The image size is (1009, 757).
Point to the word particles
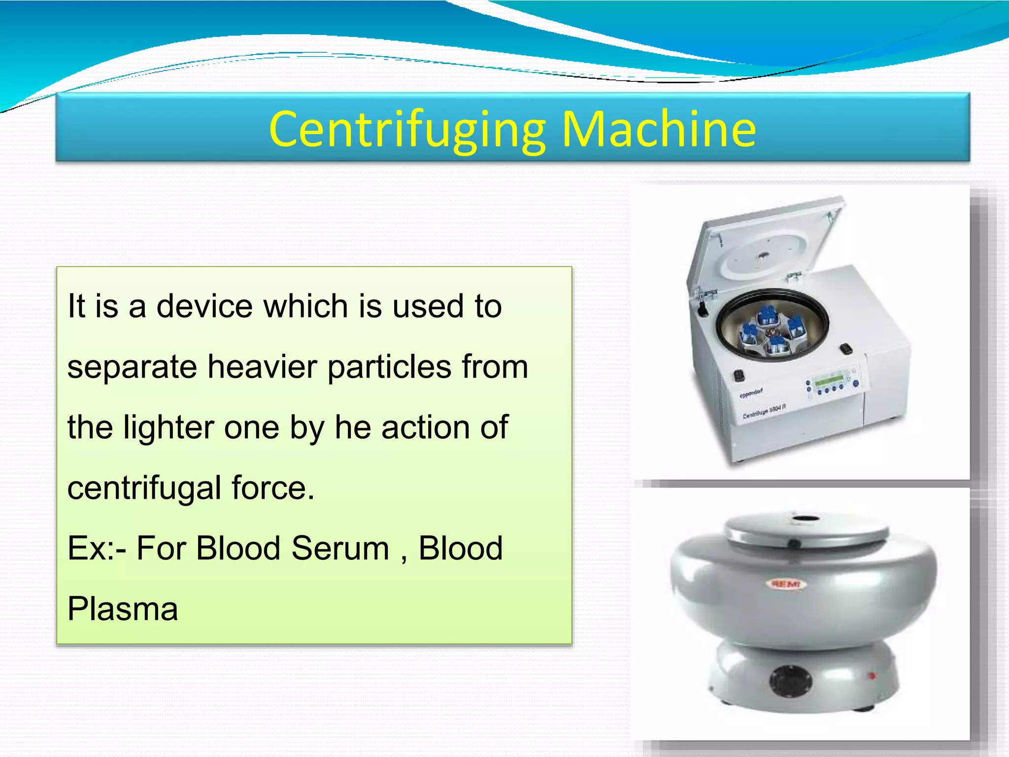point(389,367)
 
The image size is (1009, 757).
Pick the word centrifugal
point(144,488)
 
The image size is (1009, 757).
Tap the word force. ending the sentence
point(273,488)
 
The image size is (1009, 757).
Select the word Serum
point(340,548)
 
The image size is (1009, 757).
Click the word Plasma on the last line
point(123,609)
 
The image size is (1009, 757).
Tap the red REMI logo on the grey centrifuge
point(786,584)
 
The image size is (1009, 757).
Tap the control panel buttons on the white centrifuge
point(832,385)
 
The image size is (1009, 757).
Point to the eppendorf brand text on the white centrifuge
point(751,393)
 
